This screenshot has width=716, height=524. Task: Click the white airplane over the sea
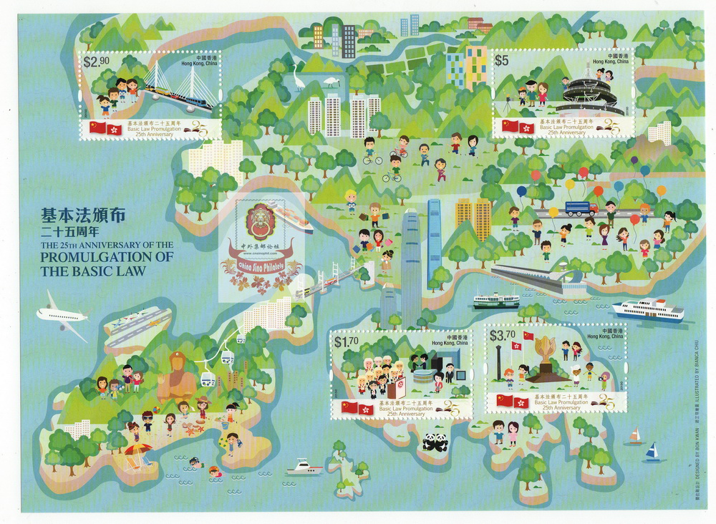coord(61,314)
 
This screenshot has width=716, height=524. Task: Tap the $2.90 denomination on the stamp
coord(97,62)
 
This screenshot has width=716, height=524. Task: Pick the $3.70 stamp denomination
coord(502,334)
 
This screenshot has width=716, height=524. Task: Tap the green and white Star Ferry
coord(495,300)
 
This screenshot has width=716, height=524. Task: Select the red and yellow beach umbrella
coord(137,450)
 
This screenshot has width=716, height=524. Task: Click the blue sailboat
coord(652,451)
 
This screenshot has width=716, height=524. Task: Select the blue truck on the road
coord(581,208)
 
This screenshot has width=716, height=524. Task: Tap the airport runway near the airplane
coord(137,329)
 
